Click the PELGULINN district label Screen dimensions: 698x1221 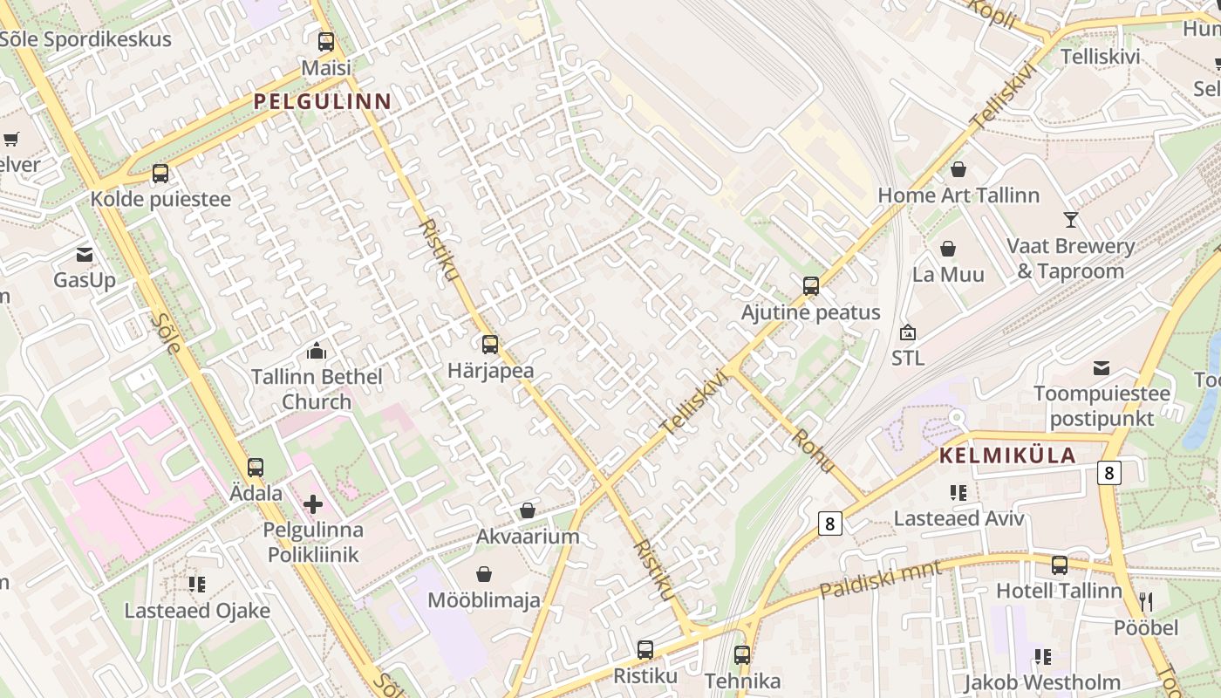coord(322,101)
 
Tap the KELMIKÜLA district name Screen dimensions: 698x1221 coord(1007,455)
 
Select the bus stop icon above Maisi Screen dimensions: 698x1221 coord(326,41)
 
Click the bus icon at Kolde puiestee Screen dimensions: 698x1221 coord(160,173)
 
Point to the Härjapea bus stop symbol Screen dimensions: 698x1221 coord(490,345)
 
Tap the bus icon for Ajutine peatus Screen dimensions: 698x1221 coord(811,286)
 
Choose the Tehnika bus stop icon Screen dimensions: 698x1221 coord(742,654)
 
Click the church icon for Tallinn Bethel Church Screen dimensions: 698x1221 coord(316,351)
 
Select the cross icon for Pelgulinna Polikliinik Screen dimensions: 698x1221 coord(313,503)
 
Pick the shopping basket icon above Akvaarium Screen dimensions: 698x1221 coord(528,510)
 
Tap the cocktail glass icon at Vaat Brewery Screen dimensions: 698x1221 coord(1071,219)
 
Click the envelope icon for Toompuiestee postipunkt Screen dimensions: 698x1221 coord(1102,368)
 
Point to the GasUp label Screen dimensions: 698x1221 coord(85,280)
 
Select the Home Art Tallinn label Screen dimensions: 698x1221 coord(958,195)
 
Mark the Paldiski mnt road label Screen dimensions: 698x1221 coord(880,579)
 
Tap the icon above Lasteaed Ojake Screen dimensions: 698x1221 coord(197,584)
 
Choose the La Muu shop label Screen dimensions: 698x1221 coord(948,274)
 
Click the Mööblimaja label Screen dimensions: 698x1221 coord(484,600)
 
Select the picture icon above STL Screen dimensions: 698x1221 coord(908,332)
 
